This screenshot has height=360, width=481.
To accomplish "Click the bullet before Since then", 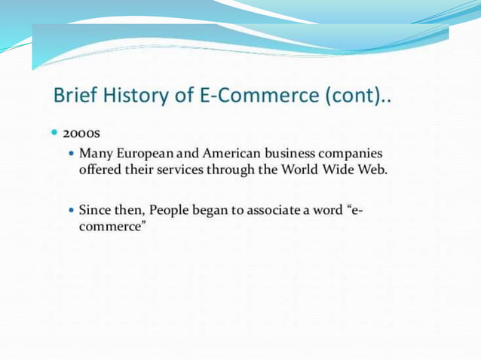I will click(x=72, y=209).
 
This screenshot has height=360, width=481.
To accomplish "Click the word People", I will click(x=170, y=209).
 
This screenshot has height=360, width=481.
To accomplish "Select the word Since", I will click(x=93, y=209).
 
